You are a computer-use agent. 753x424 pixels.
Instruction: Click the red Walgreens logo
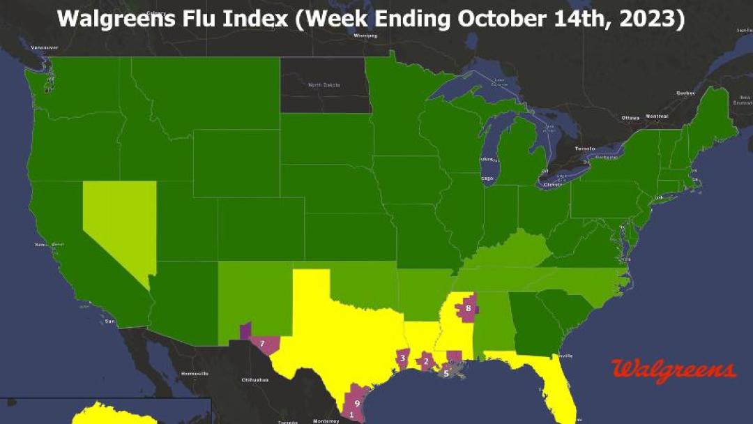pyautogui.click(x=673, y=369)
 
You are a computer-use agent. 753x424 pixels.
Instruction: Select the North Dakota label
pyautogui.click(x=324, y=85)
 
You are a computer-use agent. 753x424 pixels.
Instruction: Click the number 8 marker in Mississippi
pyautogui.click(x=469, y=308)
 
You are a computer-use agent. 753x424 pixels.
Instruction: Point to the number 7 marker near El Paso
pyautogui.click(x=262, y=343)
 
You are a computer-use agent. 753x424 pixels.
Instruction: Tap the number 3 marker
pyautogui.click(x=402, y=358)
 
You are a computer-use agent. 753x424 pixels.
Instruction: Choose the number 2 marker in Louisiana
pyautogui.click(x=425, y=361)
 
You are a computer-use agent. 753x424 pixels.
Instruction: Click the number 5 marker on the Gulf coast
pyautogui.click(x=446, y=372)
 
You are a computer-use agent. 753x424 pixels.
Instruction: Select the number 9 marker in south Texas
pyautogui.click(x=357, y=403)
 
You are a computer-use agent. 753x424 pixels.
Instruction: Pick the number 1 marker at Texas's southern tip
pyautogui.click(x=351, y=415)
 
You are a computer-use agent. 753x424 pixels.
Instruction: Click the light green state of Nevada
pyautogui.click(x=119, y=223)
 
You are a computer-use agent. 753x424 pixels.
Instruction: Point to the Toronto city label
pyautogui.click(x=584, y=149)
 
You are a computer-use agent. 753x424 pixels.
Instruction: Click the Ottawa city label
pyautogui.click(x=630, y=117)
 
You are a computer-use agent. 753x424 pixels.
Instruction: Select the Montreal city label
pyautogui.click(x=657, y=116)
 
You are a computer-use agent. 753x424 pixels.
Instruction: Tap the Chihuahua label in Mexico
pyautogui.click(x=254, y=379)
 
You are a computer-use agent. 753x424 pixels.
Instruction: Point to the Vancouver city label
pyautogui.click(x=45, y=47)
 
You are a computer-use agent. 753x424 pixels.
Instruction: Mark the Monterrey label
pyautogui.click(x=326, y=421)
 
